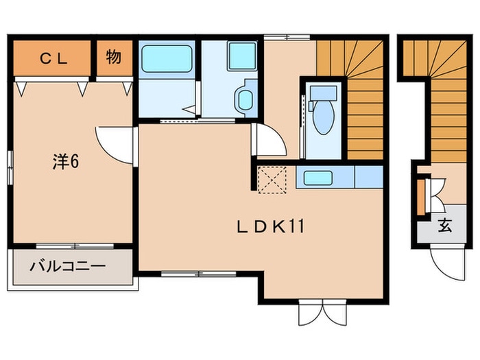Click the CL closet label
(x=53, y=59)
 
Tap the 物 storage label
(x=114, y=57)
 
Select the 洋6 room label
(x=66, y=161)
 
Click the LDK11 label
(x=271, y=227)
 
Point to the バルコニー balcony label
(x=68, y=266)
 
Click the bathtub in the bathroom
(x=167, y=59)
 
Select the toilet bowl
(x=323, y=117)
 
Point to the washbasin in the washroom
(x=245, y=99)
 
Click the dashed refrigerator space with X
(x=272, y=180)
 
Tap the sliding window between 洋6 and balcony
(x=75, y=245)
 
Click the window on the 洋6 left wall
(x=10, y=167)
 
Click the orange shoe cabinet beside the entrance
(x=421, y=197)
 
